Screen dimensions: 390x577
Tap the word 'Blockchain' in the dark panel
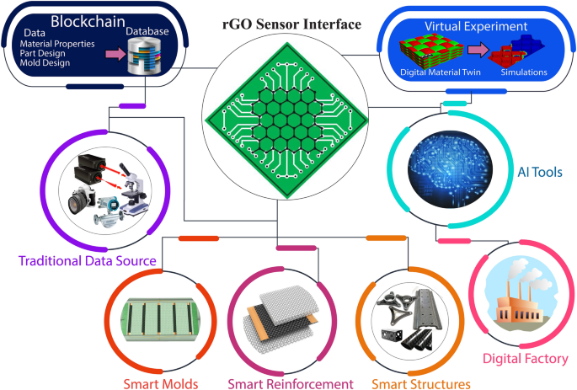pos(87,19)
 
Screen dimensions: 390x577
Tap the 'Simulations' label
pos(526,72)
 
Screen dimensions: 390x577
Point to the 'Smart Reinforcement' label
pos(290,384)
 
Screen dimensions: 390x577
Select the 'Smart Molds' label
pos(159,384)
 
